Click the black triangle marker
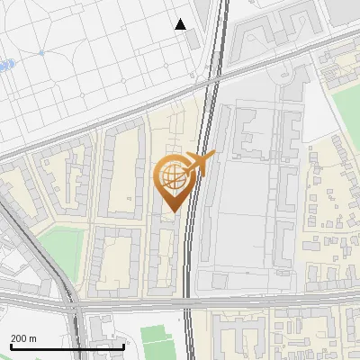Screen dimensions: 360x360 click(181, 24)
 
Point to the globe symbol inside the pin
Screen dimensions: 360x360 click(173, 176)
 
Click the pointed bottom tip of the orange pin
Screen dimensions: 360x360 click(173, 211)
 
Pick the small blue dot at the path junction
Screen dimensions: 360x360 click(41, 53)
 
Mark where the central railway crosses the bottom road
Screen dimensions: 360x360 click(186, 302)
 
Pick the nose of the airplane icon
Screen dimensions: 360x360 click(214, 156)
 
